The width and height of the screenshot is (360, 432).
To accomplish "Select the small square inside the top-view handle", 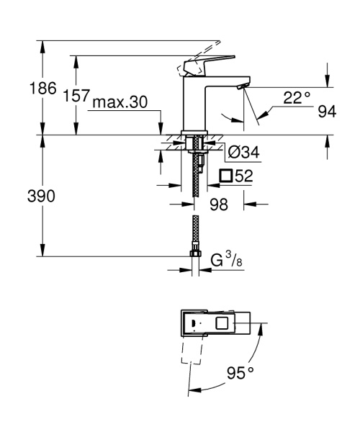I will tap(223, 325).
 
